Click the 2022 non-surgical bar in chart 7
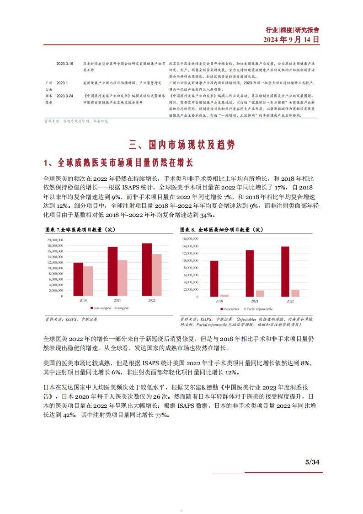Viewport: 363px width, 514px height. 147,269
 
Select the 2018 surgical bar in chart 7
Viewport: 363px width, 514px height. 88,281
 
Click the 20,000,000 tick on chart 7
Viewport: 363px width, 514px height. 55,240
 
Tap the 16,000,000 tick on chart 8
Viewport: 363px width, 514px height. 190,238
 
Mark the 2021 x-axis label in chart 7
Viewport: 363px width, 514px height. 117,300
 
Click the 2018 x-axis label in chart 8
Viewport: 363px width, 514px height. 219,301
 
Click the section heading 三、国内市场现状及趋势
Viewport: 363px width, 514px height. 181,146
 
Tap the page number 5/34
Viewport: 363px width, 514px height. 312,462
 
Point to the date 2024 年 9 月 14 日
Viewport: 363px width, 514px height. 291,39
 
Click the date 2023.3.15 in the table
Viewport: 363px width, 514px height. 64,63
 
